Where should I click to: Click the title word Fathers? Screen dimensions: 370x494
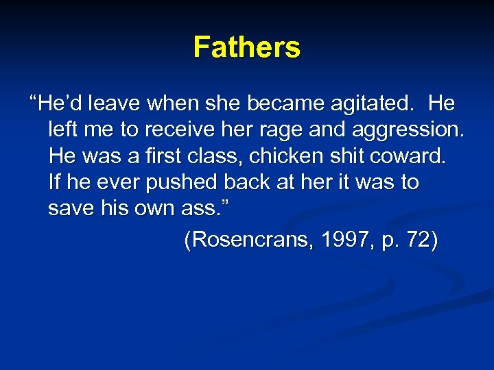click(x=246, y=47)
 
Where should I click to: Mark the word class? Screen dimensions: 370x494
click(x=215, y=156)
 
